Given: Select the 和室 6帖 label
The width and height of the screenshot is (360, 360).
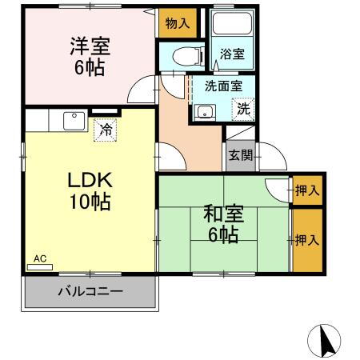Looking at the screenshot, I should [222, 223].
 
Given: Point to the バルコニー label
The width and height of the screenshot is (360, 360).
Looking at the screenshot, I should [90, 292].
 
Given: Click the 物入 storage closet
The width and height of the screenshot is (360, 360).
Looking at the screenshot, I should [177, 23].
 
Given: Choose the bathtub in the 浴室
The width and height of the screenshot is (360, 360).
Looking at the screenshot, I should [232, 25].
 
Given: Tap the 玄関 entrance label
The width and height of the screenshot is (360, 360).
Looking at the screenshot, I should [240, 155].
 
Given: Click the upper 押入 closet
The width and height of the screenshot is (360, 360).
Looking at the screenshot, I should [307, 190].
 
